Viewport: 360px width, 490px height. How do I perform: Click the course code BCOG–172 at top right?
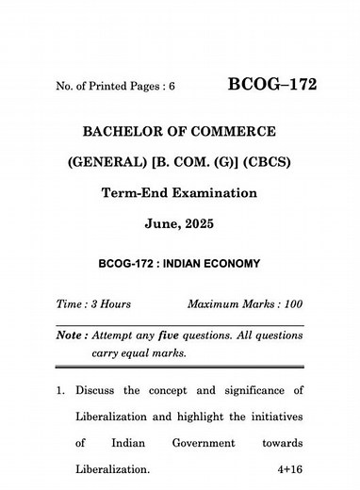[272, 86]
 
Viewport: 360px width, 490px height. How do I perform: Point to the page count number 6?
[172, 88]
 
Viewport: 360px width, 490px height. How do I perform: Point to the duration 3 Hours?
[109, 305]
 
